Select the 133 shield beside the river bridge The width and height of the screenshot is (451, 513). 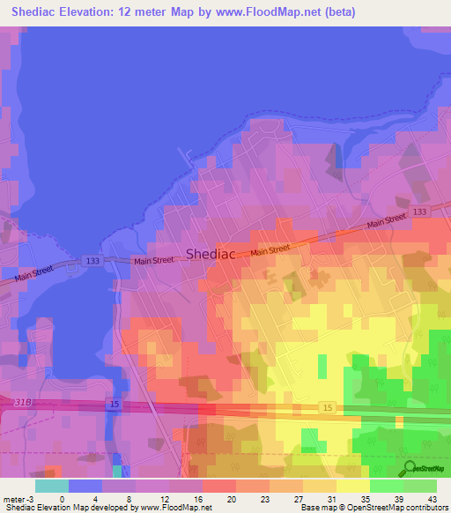92,260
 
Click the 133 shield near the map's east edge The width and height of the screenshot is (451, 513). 419,212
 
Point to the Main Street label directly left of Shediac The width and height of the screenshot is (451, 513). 152,261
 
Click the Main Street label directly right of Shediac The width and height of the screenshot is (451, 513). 270,251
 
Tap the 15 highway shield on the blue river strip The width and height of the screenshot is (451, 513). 113,403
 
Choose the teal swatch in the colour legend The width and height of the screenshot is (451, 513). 51,486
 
